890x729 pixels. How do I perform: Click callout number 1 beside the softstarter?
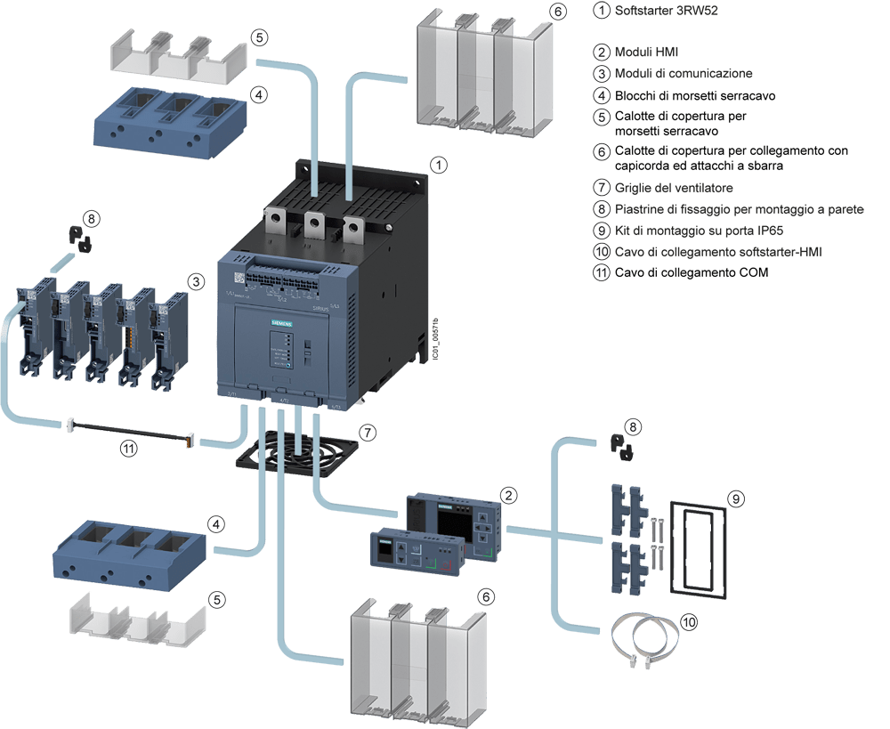438,165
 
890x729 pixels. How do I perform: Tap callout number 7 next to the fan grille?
368,433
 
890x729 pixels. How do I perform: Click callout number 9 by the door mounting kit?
735,499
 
